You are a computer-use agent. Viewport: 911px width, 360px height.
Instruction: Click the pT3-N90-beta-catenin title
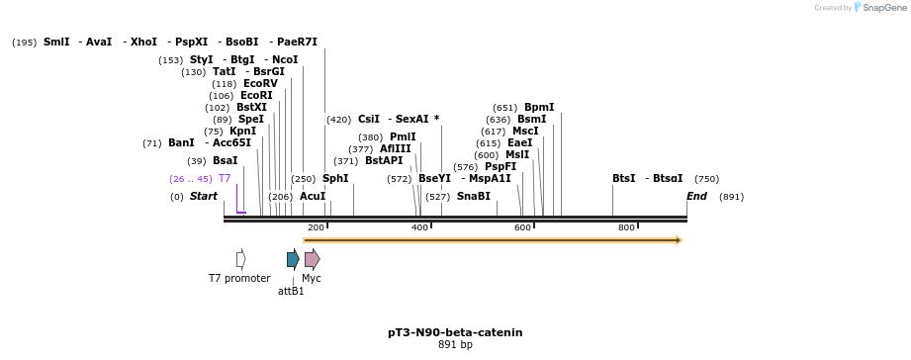pyautogui.click(x=455, y=332)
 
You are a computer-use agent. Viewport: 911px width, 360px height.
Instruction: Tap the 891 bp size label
pyautogui.click(x=455, y=345)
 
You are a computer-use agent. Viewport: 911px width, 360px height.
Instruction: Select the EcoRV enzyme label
pyautogui.click(x=260, y=84)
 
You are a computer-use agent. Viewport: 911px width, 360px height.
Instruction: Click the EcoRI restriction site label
pyautogui.click(x=256, y=96)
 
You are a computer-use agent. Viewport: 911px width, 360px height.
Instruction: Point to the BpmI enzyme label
pyautogui.click(x=539, y=108)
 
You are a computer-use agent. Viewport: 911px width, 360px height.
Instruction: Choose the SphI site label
pyautogui.click(x=335, y=179)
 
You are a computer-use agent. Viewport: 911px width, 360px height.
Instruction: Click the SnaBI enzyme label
pyautogui.click(x=473, y=197)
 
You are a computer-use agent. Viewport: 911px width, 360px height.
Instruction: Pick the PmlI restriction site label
pyautogui.click(x=403, y=137)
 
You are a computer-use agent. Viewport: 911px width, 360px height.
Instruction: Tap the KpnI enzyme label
pyautogui.click(x=242, y=132)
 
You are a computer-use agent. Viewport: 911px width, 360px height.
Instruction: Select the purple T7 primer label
pyautogui.click(x=225, y=179)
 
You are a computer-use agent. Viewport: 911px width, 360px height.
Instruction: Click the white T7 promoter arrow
pyautogui.click(x=241, y=259)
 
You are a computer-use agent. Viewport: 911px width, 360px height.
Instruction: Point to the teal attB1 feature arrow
pyautogui.click(x=293, y=260)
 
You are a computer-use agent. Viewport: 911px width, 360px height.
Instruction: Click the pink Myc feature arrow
pyautogui.click(x=312, y=260)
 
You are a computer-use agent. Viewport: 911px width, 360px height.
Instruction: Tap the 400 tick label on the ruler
pyautogui.click(x=419, y=228)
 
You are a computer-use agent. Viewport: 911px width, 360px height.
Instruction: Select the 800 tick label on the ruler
pyautogui.click(x=626, y=228)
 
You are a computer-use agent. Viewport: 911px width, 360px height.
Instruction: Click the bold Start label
pyautogui.click(x=204, y=197)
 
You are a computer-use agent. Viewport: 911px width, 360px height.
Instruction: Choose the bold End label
pyautogui.click(x=696, y=197)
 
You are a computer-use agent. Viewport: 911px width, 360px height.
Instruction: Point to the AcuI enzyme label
pyautogui.click(x=313, y=197)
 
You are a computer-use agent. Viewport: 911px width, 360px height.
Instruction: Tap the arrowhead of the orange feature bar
pyautogui.click(x=679, y=240)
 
